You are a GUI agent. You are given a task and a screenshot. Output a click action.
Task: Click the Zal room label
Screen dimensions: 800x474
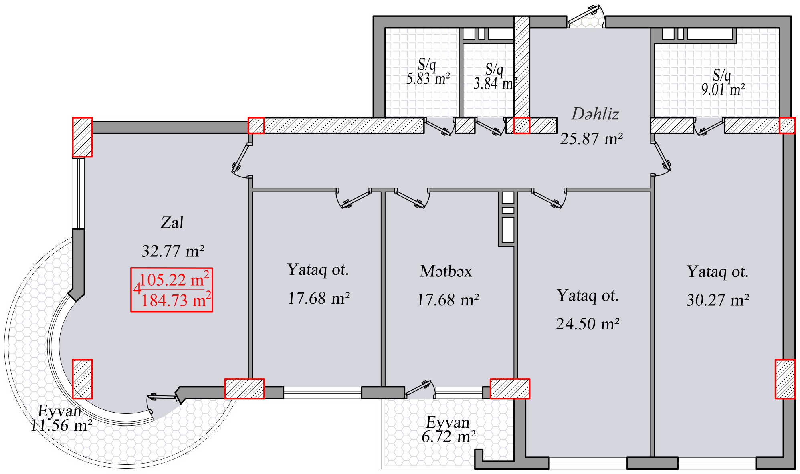point(172,223)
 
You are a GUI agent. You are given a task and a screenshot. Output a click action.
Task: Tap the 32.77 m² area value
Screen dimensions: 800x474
point(173,251)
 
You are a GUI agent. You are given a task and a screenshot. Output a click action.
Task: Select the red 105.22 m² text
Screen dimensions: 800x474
point(174,279)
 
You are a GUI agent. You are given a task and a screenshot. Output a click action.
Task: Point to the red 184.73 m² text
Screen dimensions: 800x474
point(176,300)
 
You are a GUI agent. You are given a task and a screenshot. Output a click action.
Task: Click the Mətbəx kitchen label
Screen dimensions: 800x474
point(446,272)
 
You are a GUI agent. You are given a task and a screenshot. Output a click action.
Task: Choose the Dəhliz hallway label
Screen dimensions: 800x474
point(595,114)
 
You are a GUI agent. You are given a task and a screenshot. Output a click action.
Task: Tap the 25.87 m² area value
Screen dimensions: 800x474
point(592,139)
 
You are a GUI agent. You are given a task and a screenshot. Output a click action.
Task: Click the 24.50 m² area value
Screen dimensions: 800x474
point(588,324)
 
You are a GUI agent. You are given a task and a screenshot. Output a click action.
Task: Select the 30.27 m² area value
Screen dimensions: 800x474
point(718,300)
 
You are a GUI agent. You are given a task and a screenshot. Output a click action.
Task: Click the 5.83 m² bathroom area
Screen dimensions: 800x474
point(428,79)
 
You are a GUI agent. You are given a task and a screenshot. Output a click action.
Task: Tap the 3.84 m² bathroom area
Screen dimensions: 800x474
point(495,83)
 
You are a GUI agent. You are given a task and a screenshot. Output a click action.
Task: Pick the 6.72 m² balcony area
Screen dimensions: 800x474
point(449,436)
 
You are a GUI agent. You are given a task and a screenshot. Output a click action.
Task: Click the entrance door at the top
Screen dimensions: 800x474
point(586,17)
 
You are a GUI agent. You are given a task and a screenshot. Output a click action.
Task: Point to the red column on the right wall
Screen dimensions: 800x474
point(785,379)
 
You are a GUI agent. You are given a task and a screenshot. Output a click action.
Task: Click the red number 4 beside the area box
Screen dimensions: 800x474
point(137,289)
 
